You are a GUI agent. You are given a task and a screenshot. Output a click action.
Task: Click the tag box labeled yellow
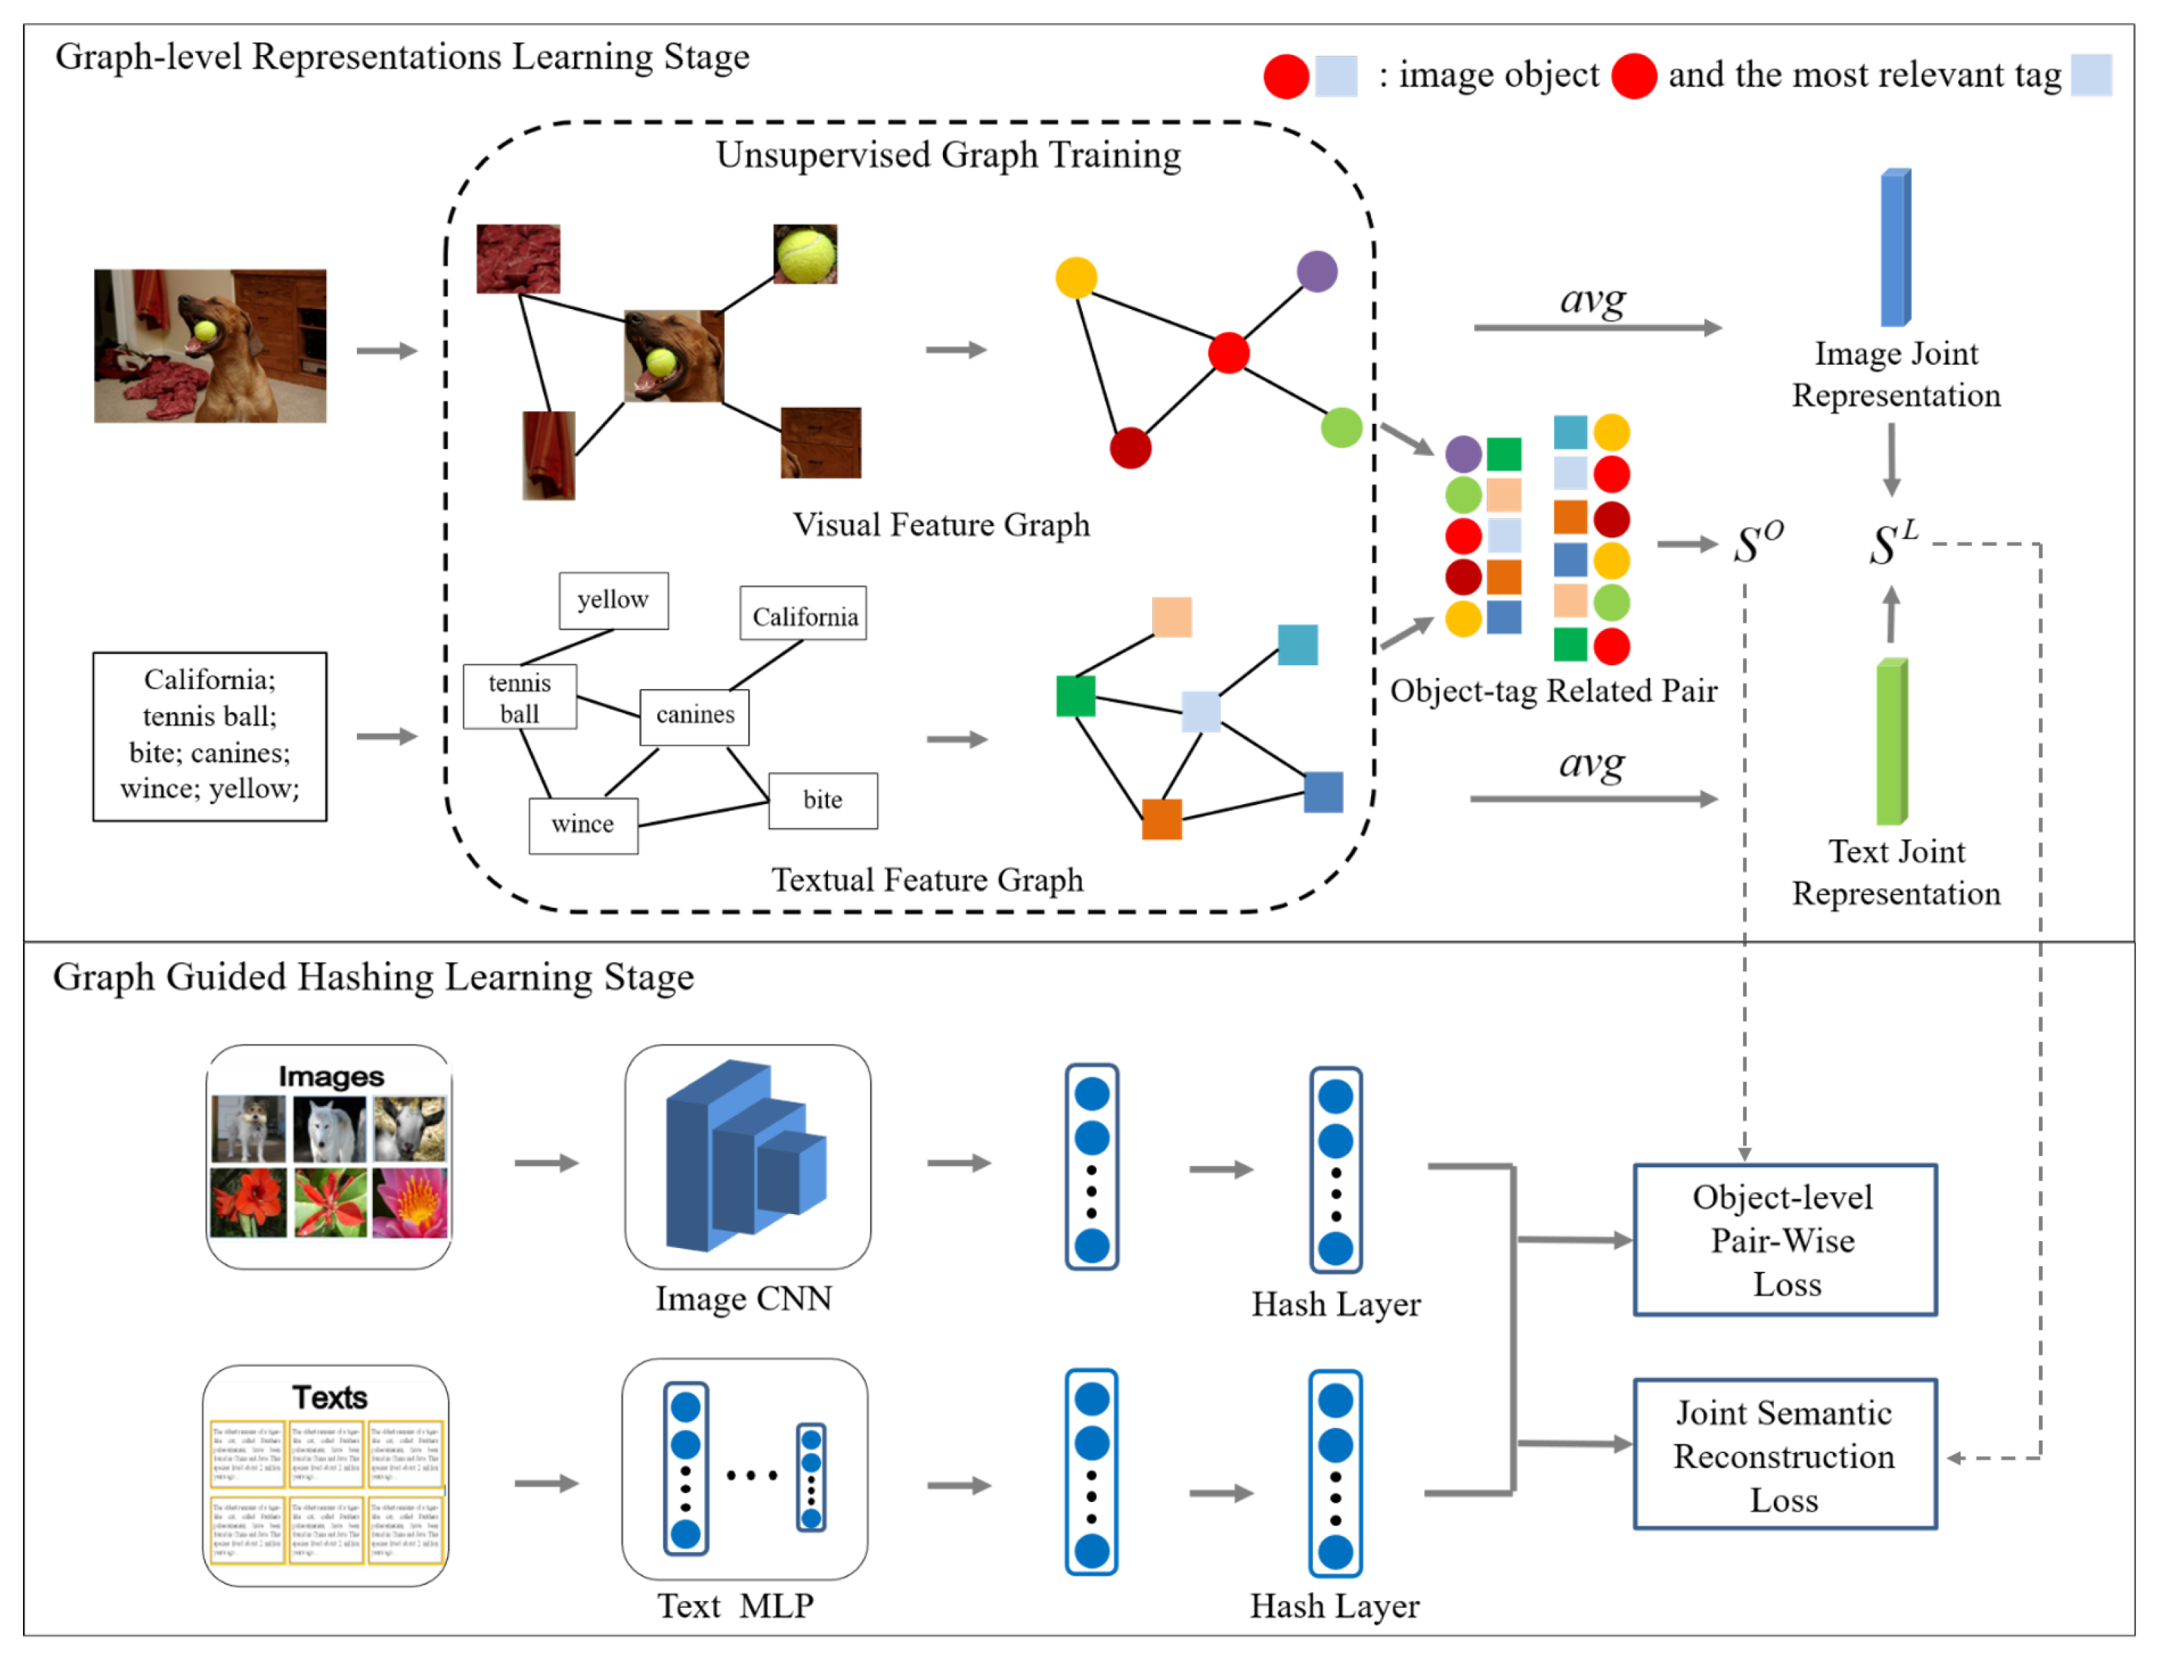[x=613, y=600]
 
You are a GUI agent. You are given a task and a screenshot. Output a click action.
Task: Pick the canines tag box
[x=695, y=715]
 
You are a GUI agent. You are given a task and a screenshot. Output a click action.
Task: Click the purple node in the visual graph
[x=1317, y=271]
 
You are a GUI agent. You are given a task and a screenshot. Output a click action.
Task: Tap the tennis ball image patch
[x=805, y=253]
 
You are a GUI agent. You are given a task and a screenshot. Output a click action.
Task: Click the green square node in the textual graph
[x=1075, y=696]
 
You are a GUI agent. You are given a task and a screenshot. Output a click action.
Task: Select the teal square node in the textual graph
[x=1297, y=645]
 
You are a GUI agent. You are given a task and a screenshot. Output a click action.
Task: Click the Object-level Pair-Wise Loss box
[x=1784, y=1240]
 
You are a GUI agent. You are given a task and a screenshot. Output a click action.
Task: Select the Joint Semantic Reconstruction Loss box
[x=1784, y=1455]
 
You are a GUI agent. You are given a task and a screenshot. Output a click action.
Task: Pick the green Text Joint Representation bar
[x=1891, y=741]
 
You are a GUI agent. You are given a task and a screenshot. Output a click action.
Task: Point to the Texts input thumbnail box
[x=326, y=1475]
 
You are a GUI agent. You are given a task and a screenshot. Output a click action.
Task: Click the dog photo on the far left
[x=210, y=346]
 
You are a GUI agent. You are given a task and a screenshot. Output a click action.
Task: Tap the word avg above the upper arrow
[x=1591, y=298]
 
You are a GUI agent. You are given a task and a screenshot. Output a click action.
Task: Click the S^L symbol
[x=1892, y=543]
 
